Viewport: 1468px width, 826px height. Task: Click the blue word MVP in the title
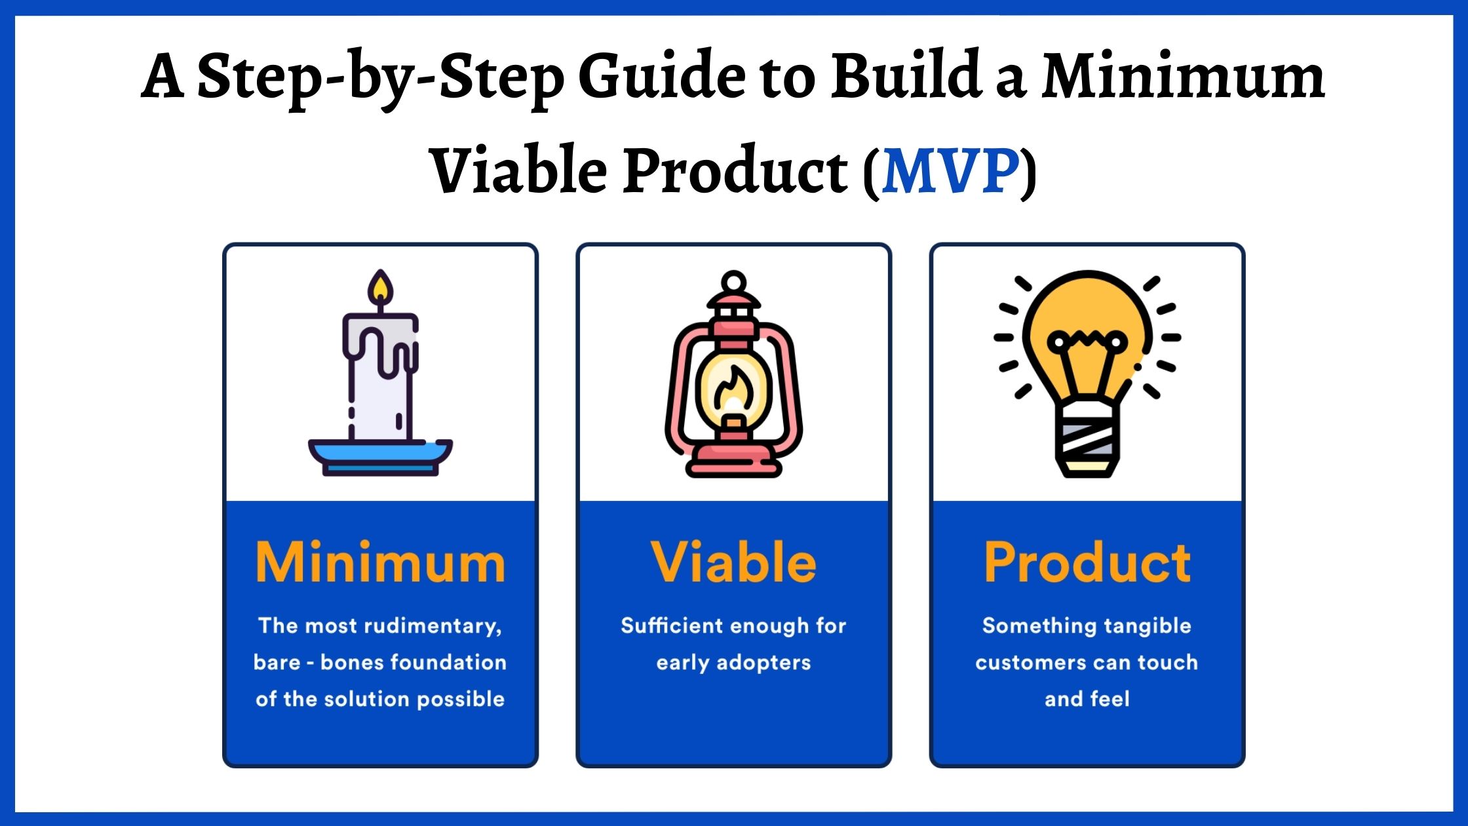click(x=951, y=172)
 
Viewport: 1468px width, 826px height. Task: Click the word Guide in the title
click(x=662, y=77)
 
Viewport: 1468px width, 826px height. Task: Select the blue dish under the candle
click(x=380, y=456)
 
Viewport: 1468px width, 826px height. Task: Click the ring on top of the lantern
click(x=733, y=283)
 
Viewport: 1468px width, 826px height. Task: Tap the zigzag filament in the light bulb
click(x=1087, y=341)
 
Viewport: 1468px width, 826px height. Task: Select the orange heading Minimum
click(x=380, y=562)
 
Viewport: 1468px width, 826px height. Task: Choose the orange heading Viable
click(x=733, y=562)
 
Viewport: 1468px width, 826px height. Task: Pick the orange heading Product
click(x=1087, y=562)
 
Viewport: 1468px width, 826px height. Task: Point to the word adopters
click(x=763, y=663)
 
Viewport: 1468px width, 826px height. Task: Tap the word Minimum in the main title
click(x=1183, y=77)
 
